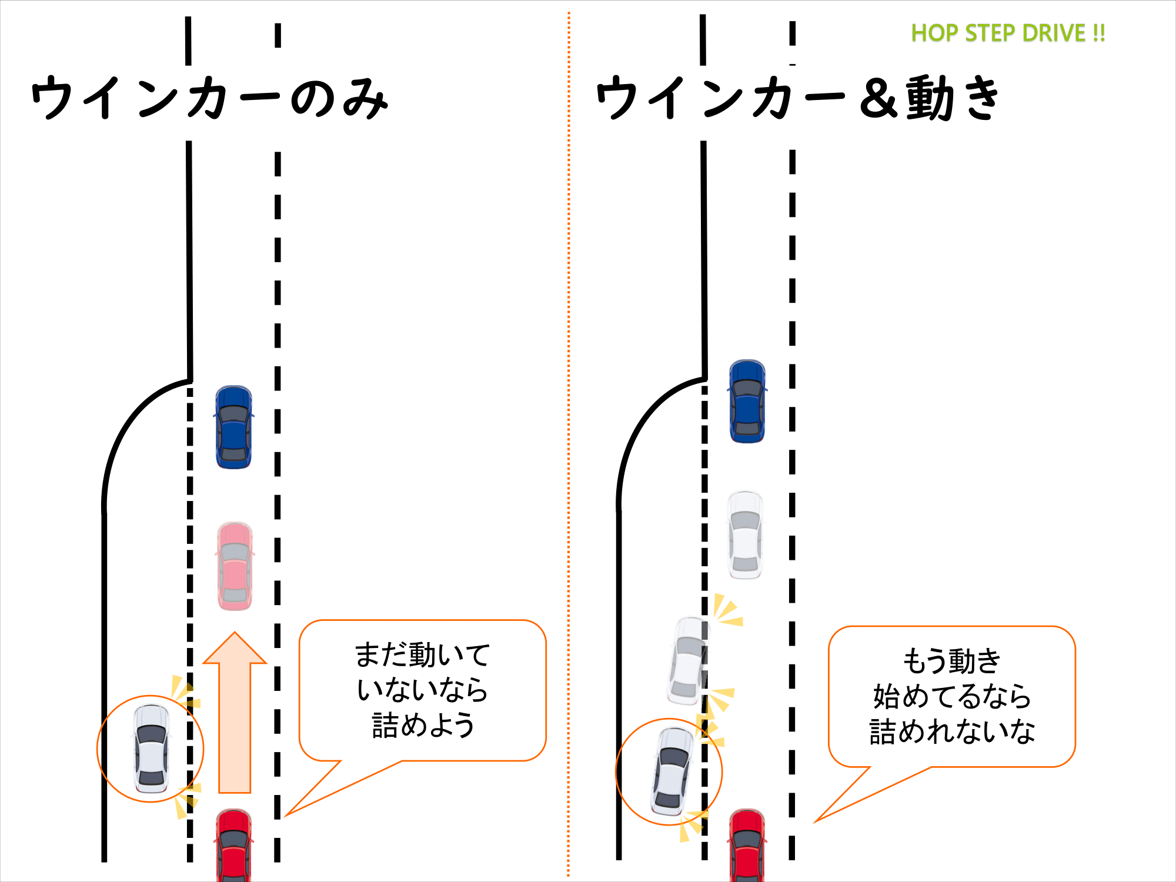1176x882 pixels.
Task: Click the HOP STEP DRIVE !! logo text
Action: pos(1008,33)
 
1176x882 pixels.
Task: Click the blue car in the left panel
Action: pos(234,427)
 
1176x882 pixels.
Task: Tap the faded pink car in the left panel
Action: pos(235,566)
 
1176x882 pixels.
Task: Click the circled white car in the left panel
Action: pos(151,749)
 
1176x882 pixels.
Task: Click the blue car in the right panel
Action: pos(747,402)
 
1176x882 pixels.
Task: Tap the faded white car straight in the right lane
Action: pos(746,535)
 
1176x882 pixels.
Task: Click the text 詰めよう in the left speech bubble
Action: pos(423,725)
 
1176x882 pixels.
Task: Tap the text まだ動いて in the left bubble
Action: pos(423,654)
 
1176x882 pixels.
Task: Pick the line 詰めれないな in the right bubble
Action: pos(951,732)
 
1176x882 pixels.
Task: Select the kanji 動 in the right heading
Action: pos(929,99)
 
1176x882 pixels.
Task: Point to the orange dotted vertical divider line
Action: pos(569,441)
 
